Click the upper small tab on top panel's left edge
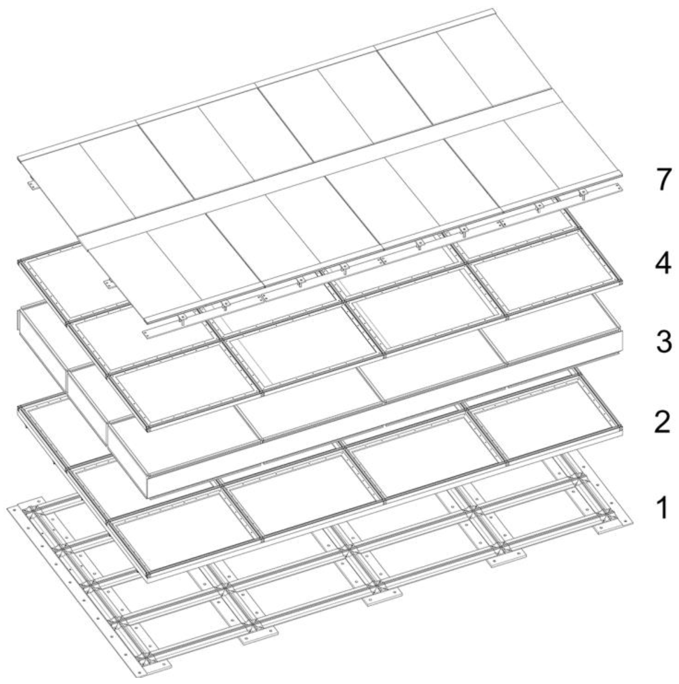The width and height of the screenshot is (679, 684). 32,185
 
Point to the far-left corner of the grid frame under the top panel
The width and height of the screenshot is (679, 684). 18,262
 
